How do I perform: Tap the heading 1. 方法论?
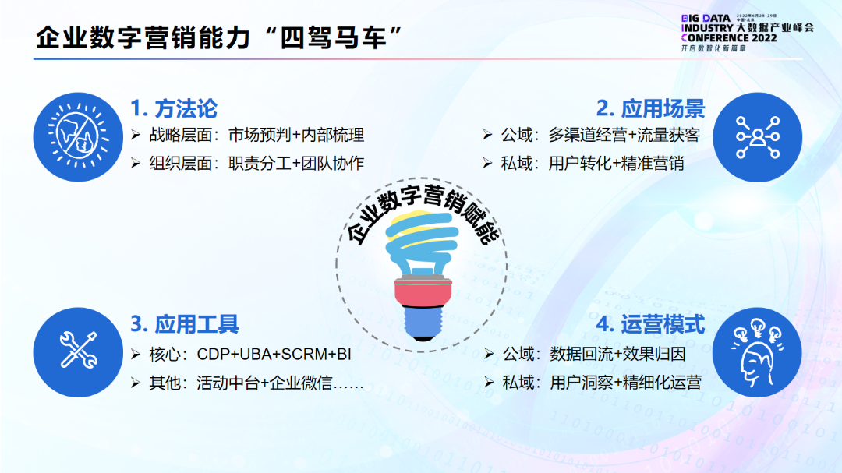point(173,108)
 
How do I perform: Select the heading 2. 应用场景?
point(650,108)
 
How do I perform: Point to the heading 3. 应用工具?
point(184,324)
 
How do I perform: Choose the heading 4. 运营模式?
point(650,324)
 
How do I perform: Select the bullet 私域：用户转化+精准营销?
point(593,163)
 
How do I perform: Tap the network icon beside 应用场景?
point(757,136)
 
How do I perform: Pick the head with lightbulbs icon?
point(757,351)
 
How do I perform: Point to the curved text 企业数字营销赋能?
point(422,214)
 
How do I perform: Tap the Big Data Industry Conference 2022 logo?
point(746,31)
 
